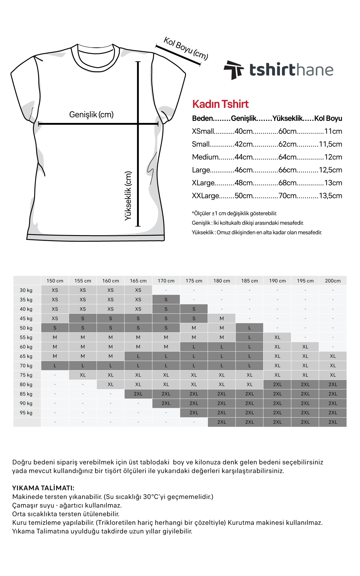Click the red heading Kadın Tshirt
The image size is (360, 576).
(220, 104)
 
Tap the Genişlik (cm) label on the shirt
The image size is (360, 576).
(91, 115)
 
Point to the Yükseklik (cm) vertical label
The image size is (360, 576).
(128, 196)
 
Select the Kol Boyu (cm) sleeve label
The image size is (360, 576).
(186, 48)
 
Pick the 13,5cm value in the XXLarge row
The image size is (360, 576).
(330, 196)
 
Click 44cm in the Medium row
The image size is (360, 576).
(244, 157)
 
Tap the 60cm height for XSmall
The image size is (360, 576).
(287, 131)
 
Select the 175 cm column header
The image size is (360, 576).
(194, 281)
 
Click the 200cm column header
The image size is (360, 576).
(333, 281)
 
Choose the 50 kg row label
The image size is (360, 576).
(26, 328)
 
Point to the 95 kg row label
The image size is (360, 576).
(26, 413)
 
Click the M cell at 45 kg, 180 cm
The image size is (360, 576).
(222, 318)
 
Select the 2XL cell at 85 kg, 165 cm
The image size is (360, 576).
(138, 394)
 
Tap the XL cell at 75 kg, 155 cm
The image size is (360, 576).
(83, 375)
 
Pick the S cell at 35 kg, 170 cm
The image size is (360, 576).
(166, 300)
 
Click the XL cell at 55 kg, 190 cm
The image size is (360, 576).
(277, 337)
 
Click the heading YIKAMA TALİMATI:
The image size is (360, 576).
(43, 488)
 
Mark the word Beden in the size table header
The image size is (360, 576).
(202, 118)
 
